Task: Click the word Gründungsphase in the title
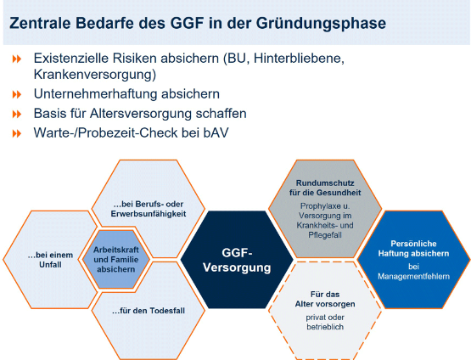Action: click(321, 24)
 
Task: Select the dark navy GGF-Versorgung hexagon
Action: click(237, 260)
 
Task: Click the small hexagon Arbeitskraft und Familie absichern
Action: click(116, 260)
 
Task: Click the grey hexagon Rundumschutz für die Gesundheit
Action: click(325, 209)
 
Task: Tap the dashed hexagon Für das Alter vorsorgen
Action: click(325, 311)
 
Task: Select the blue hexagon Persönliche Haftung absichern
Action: click(413, 260)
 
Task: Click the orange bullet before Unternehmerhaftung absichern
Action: click(17, 94)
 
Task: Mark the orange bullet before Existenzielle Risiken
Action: click(17, 59)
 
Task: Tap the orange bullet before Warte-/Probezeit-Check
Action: click(17, 133)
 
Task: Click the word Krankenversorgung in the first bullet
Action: click(95, 75)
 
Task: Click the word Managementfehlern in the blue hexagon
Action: click(413, 277)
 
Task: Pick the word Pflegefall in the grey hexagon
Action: click(325, 235)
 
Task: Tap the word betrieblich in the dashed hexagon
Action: click(325, 327)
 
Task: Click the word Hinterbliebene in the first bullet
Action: click(299, 59)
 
